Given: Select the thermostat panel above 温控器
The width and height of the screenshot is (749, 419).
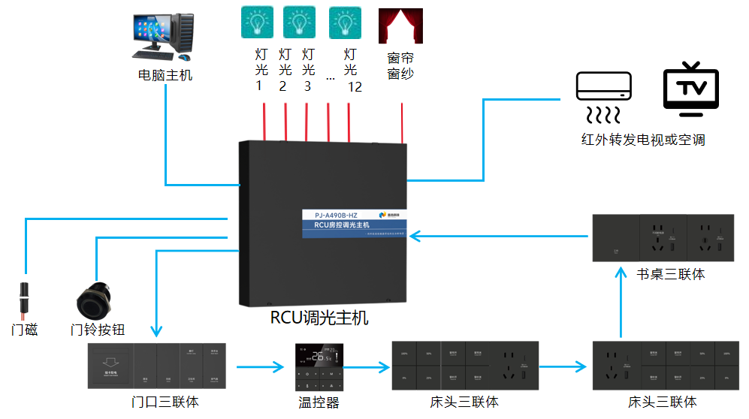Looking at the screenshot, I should click(319, 366).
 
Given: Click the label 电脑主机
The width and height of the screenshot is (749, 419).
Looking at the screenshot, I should click(165, 75).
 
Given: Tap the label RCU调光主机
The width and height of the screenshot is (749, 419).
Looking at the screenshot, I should click(319, 318).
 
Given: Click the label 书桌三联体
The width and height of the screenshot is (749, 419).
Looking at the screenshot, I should click(670, 274).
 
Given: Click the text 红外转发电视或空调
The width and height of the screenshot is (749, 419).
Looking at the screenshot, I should click(643, 140).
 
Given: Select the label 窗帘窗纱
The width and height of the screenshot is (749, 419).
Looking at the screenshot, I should click(400, 65).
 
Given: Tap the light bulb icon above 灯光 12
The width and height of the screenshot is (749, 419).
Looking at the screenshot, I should click(346, 23).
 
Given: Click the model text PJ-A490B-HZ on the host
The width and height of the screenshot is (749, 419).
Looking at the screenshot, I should click(325, 215).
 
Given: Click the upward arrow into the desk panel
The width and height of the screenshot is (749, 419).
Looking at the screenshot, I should click(621, 304).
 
